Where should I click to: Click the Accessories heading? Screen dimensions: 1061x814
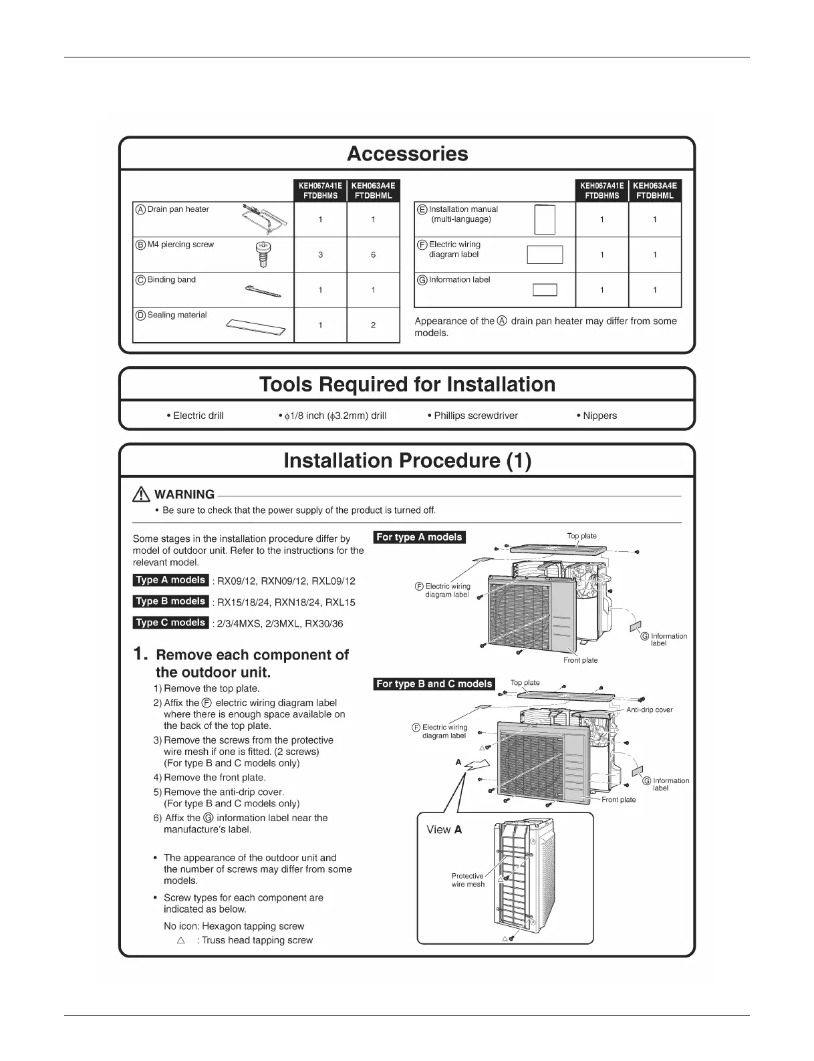pyautogui.click(x=407, y=154)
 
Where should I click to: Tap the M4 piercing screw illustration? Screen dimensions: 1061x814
pyautogui.click(x=263, y=254)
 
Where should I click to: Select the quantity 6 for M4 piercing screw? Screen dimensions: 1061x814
pyautogui.click(x=373, y=255)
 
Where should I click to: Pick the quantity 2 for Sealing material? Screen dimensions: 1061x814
pyautogui.click(x=373, y=325)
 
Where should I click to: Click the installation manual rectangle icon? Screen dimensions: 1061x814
pyautogui.click(x=545, y=219)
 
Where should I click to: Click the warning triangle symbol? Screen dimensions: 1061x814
pyautogui.click(x=141, y=494)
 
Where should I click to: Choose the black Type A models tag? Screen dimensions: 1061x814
pyautogui.click(x=170, y=580)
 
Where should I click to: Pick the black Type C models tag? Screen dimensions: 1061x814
pyautogui.click(x=170, y=623)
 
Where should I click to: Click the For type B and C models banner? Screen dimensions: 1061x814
pyautogui.click(x=434, y=684)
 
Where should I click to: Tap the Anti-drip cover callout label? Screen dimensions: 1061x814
pyautogui.click(x=649, y=710)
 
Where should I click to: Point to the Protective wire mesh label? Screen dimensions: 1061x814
pyautogui.click(x=468, y=880)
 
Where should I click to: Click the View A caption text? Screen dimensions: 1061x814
pyautogui.click(x=444, y=830)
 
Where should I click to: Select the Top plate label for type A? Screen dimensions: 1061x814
pyautogui.click(x=581, y=536)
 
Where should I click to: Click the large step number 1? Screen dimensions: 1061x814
pyautogui.click(x=140, y=654)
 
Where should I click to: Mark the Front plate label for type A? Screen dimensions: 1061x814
pyautogui.click(x=580, y=660)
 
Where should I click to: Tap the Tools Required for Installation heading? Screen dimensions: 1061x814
pyautogui.click(x=407, y=384)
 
